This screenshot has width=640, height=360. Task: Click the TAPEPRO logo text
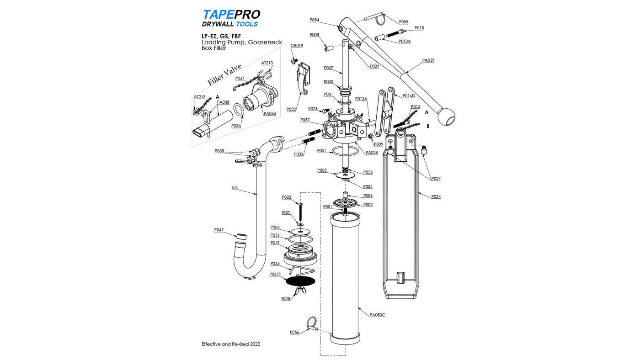pyautogui.click(x=231, y=15)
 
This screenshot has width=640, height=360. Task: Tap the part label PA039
pyautogui.click(x=428, y=60)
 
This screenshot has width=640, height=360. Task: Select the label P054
pyautogui.click(x=314, y=20)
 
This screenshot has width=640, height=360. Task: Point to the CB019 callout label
pyautogui.click(x=297, y=46)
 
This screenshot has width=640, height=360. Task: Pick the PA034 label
pyautogui.click(x=270, y=113)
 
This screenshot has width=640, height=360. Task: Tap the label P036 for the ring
pyautogui.click(x=236, y=126)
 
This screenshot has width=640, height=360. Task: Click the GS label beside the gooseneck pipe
pyautogui.click(x=235, y=187)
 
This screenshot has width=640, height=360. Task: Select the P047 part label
pyautogui.click(x=219, y=230)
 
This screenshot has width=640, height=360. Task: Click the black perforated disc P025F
pyautogui.click(x=300, y=281)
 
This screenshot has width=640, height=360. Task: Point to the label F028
pyautogui.click(x=286, y=298)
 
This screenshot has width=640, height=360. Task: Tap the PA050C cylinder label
pyautogui.click(x=377, y=315)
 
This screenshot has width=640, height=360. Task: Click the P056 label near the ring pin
pyautogui.click(x=294, y=332)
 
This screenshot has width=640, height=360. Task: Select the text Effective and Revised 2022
pyautogui.click(x=231, y=344)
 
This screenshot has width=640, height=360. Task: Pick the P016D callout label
pyautogui.click(x=409, y=96)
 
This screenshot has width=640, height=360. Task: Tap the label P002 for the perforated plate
pyautogui.click(x=368, y=205)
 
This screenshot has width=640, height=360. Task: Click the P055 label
pyautogui.click(x=403, y=21)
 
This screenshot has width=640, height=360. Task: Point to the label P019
pyautogui.click(x=275, y=243)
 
